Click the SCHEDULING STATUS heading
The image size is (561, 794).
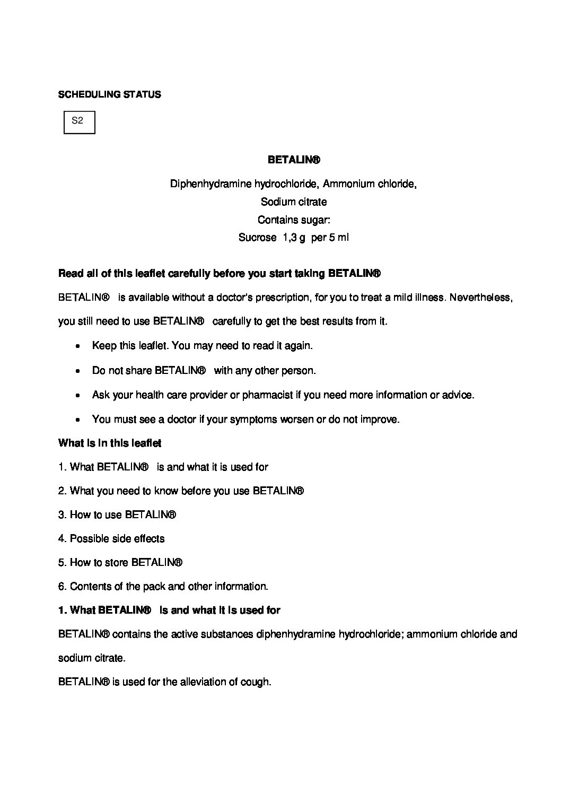pos(109,95)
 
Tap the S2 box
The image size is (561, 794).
pos(79,122)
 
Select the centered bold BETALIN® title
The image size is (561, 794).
pos(294,160)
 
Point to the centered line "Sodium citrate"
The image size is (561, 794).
pos(294,202)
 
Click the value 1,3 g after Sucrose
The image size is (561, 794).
pos(294,238)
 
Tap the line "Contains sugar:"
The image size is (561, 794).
pos(294,220)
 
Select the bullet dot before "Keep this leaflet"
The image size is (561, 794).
pos(78,346)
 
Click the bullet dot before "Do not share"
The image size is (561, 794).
pos(78,371)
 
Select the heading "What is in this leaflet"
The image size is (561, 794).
pos(110,443)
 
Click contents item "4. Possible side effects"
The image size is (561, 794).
pos(111,539)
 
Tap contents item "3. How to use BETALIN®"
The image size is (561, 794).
pos(117,515)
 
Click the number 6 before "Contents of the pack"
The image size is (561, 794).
pos(61,587)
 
